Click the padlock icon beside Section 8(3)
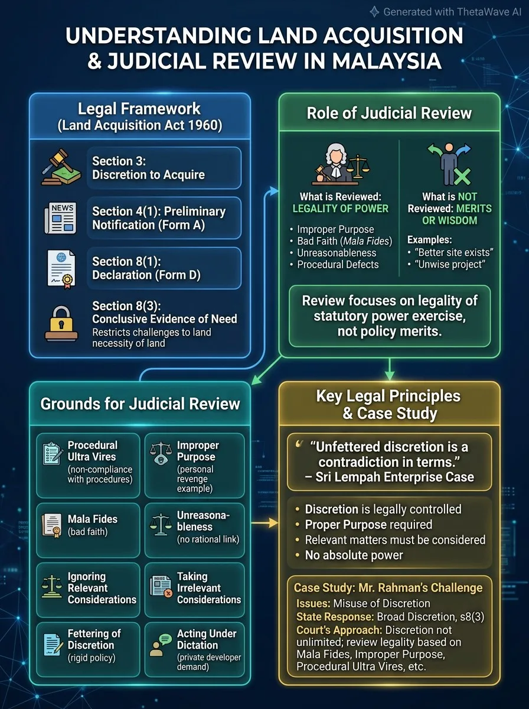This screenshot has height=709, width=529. (61, 324)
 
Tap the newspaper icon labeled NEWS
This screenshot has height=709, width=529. (61, 218)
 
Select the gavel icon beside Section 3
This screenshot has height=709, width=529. (60, 167)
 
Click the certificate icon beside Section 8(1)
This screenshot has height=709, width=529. (61, 269)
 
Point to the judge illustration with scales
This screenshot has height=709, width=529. (341, 164)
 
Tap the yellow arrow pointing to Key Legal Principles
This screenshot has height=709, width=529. (264, 523)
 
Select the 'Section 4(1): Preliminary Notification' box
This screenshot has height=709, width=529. (164, 218)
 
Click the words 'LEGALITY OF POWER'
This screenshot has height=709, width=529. (341, 209)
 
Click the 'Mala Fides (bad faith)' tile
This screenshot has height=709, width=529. (88, 530)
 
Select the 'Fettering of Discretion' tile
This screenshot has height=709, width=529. (88, 649)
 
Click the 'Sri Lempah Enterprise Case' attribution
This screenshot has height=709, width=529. (390, 477)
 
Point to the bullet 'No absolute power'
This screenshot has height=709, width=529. (354, 555)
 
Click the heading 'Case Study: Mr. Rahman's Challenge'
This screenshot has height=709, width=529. (388, 587)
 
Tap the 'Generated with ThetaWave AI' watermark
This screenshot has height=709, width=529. (446, 12)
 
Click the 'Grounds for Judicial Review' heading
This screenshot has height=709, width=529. (140, 404)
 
